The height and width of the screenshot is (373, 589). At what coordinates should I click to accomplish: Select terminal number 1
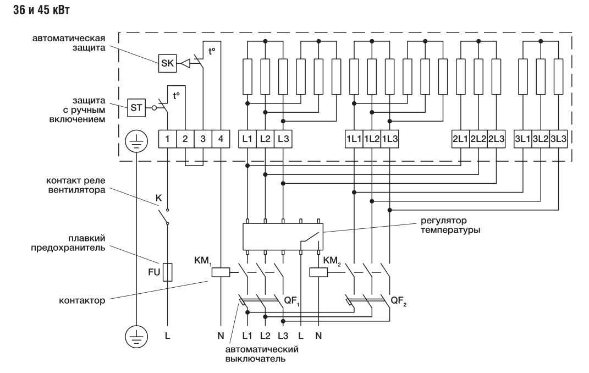tap(167, 140)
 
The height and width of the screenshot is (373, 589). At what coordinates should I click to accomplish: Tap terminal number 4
tap(220, 140)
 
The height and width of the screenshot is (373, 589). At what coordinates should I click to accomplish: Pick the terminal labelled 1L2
tap(372, 140)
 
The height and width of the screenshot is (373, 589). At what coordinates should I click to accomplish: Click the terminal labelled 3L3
tap(559, 140)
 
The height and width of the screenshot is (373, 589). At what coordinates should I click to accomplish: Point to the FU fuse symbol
tap(168, 272)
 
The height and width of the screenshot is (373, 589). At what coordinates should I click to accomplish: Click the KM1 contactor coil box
tap(220, 271)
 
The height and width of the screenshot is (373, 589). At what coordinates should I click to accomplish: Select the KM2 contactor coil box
tap(318, 271)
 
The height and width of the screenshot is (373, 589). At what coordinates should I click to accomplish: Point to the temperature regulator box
tap(283, 237)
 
